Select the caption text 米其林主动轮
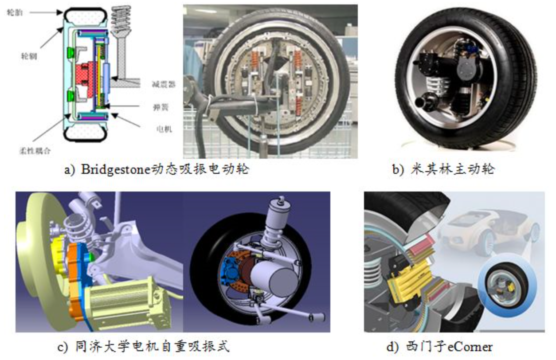tap(453, 170)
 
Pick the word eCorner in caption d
tap(472, 346)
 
